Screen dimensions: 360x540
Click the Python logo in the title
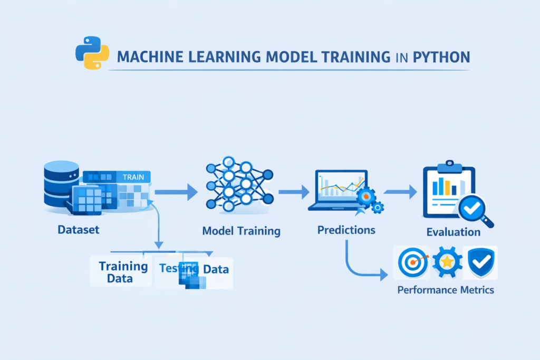pyautogui.click(x=92, y=55)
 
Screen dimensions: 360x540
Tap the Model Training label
pyautogui.click(x=242, y=231)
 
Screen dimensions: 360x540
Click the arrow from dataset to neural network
pyautogui.click(x=175, y=192)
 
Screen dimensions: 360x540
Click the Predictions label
pyautogui.click(x=346, y=230)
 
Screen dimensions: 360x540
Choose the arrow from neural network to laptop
pyautogui.click(x=294, y=192)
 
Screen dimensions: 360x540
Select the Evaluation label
pyautogui.click(x=453, y=232)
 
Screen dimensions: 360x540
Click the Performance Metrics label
pyautogui.click(x=446, y=289)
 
